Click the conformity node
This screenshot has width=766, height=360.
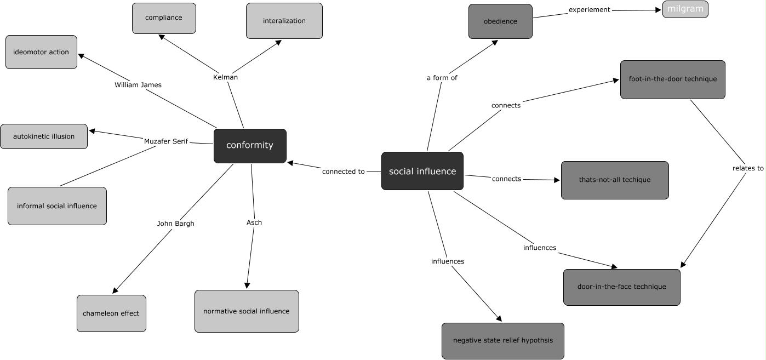[x=250, y=146]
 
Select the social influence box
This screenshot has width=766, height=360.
[x=422, y=172]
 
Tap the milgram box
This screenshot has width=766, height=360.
[x=685, y=9]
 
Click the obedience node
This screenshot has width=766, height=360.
[x=500, y=21]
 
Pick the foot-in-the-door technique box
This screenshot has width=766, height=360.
[x=672, y=79]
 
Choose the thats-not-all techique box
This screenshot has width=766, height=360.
[x=615, y=180]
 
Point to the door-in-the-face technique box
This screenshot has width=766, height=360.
[x=621, y=287]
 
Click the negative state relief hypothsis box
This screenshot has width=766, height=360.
[x=502, y=341]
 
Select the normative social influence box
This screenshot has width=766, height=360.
[x=247, y=311]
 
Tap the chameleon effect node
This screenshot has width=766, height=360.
[x=111, y=313]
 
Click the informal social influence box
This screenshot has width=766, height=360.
[x=57, y=206]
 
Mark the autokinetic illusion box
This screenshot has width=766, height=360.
[x=44, y=136]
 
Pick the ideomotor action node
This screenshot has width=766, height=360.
[x=41, y=52]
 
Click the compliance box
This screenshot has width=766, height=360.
[x=164, y=18]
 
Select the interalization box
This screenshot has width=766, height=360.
[x=284, y=21]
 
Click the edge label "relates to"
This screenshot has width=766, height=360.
[x=748, y=168]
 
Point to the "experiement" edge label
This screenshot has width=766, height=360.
[x=589, y=10]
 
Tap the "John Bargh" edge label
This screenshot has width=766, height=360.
[x=175, y=224]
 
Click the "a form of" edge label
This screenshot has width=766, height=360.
[x=442, y=78]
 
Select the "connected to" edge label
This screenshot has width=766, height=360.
[x=343, y=172]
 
